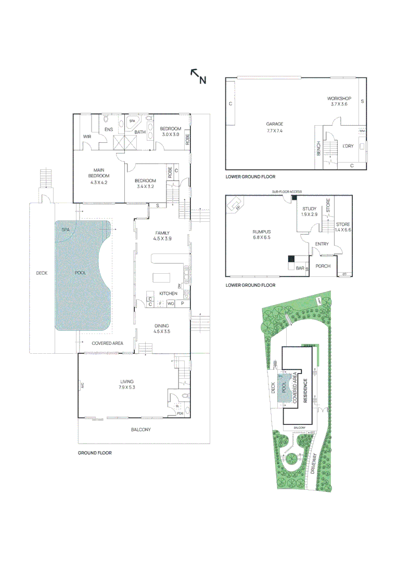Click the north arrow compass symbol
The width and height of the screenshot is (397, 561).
point(198,76)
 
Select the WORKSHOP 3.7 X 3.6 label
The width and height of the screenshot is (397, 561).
point(339,101)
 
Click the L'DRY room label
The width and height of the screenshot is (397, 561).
point(348,146)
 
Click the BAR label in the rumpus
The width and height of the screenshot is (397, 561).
point(299,268)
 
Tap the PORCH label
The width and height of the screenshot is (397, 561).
point(323,266)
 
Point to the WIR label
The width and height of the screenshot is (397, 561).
point(87,137)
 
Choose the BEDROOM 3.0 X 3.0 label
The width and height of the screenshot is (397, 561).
point(170,131)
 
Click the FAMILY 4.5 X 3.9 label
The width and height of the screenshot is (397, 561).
point(162,235)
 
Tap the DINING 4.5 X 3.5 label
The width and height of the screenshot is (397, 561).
point(162,328)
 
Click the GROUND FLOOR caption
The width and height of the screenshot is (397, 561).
point(95,453)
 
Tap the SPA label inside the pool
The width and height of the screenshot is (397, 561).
point(66,229)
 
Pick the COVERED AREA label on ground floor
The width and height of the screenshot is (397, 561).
point(107,343)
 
